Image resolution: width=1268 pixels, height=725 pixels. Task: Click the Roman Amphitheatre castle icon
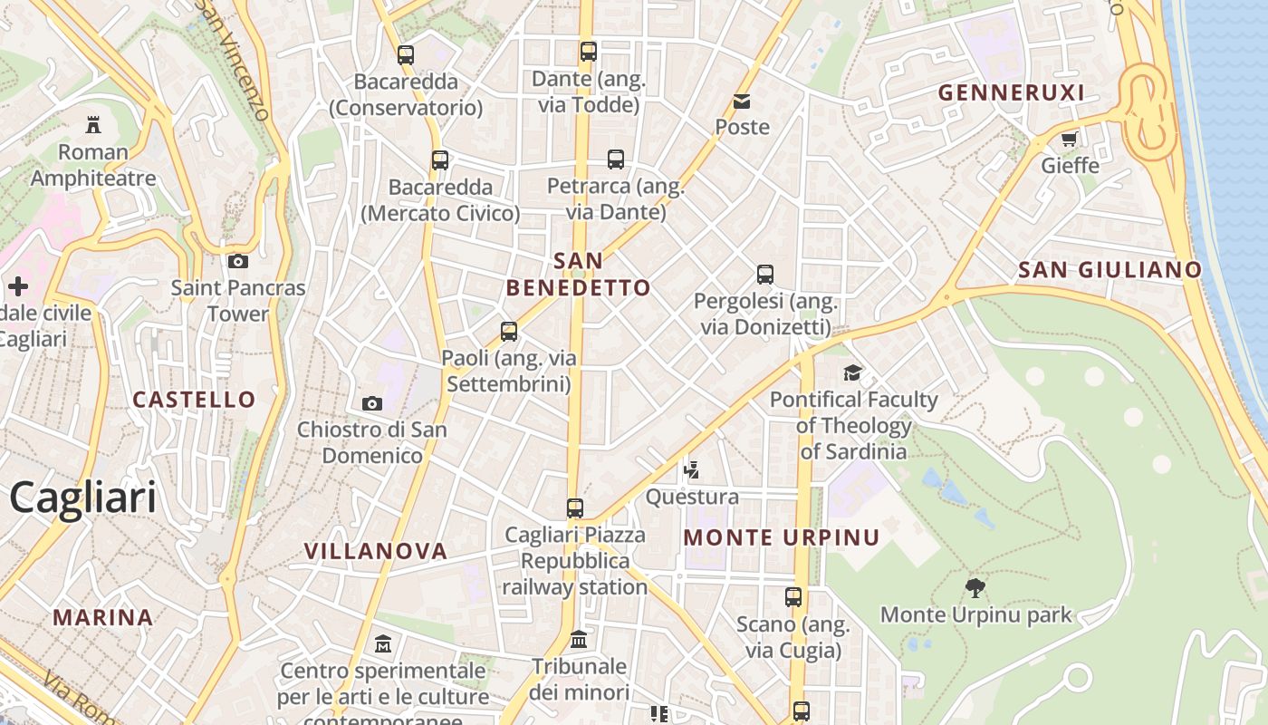coord(93,124)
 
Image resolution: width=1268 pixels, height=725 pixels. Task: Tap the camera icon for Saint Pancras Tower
coord(238,261)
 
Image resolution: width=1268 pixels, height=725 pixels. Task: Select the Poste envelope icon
coord(742,101)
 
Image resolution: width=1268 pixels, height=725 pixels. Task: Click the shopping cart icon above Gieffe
coord(1070,139)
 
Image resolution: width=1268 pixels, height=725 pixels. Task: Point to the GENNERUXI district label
coord(1011,92)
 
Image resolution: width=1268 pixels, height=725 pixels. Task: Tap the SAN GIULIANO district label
coord(1109,269)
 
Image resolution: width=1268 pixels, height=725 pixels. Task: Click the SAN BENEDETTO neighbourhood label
coord(578,275)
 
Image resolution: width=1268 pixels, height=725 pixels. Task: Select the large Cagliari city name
coord(82,498)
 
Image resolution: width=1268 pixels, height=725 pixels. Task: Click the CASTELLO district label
coord(194,399)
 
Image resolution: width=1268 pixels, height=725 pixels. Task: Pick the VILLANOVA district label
coord(376,551)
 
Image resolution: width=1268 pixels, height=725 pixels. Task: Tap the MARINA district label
coord(102,617)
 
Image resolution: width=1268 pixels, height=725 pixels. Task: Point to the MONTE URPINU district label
coord(781,537)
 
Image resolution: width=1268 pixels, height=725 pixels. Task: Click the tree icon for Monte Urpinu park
coord(975,588)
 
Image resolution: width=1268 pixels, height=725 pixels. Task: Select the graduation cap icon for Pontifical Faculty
coord(852,372)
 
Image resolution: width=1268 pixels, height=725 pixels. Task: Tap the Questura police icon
coord(692,469)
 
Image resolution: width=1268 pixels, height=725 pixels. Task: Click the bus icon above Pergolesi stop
coord(765,274)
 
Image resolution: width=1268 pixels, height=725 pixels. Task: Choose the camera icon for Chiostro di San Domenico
coord(372,403)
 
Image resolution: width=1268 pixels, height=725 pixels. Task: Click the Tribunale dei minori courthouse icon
coord(579,640)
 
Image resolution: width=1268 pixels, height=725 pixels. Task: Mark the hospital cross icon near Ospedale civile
coord(18,287)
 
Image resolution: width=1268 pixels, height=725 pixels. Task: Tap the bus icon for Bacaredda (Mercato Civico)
coord(440,160)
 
